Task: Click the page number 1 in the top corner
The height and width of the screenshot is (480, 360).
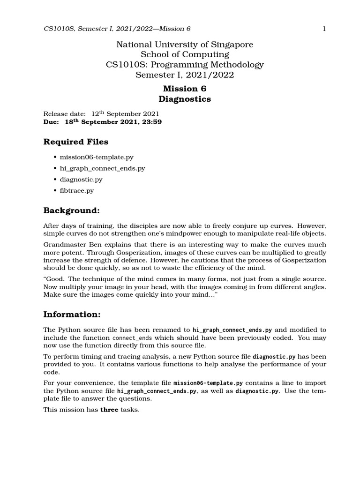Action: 324,29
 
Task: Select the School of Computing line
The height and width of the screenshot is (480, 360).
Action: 185,54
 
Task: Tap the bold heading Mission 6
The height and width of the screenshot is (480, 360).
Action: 184,89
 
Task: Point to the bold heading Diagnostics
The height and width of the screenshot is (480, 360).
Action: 184,99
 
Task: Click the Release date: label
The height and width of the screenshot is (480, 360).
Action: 65,114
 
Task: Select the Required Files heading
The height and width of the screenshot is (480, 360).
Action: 75,142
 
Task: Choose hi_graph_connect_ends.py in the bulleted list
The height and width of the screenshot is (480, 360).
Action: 102,168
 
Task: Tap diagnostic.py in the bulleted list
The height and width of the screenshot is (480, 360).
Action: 81,180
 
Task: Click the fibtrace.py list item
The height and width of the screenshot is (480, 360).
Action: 77,190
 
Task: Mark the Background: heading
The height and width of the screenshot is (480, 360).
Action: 72,210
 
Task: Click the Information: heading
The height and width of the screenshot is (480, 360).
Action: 72,314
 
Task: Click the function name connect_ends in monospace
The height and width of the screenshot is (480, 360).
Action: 133,337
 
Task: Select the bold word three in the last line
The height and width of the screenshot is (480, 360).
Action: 109,409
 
